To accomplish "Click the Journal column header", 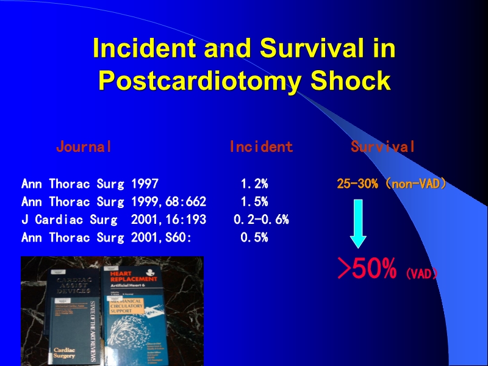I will point(84,146).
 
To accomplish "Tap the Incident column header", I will point(261,146).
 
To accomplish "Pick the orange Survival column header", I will point(383,146).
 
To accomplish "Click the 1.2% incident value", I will point(254,184).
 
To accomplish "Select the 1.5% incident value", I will point(254,202).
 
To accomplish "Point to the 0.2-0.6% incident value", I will point(261,220).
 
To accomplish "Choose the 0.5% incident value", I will point(254,238).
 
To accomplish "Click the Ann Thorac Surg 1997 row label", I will point(90,184).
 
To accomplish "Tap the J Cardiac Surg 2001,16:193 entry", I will point(113,220).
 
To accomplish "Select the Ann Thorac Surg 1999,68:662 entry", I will point(113,202).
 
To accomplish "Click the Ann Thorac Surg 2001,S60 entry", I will point(107,238).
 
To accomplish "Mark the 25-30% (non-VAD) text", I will point(391,184).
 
